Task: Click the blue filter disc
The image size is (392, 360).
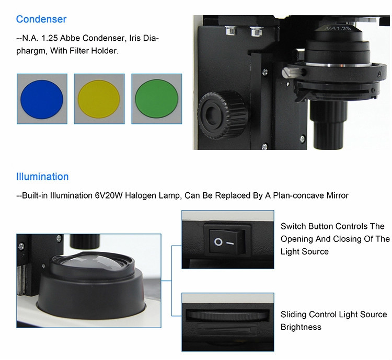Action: pos(42,99)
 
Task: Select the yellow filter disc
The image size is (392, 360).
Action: pos(99,99)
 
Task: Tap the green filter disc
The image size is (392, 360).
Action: pos(156,99)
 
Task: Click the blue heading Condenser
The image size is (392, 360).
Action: pos(41,19)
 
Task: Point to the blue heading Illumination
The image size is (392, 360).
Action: pos(42,177)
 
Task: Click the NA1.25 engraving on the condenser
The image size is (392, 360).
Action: pos(338,28)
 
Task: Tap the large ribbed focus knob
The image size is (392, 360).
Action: pos(223,115)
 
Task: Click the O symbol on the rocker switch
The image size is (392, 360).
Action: pos(218,242)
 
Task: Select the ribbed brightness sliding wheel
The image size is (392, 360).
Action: pos(227,315)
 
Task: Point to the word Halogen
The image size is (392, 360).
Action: pos(140,195)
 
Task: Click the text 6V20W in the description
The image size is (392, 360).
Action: pos(109,195)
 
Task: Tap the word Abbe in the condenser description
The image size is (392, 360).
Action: pos(70,38)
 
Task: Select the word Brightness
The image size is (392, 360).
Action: pos(301,327)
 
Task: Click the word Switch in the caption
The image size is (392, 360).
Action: pos(294,226)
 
